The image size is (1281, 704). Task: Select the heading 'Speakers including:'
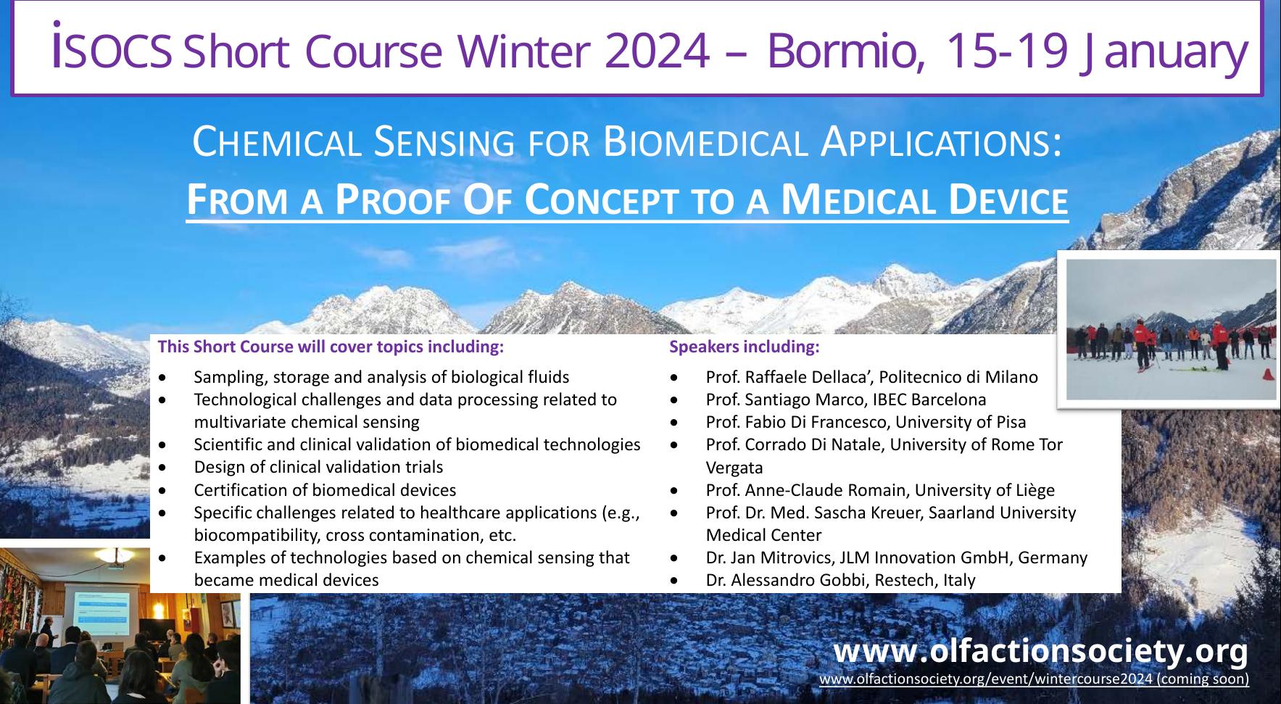coord(745,347)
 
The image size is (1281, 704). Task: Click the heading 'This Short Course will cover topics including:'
coord(331,347)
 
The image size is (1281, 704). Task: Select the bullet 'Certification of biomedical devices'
coord(325,490)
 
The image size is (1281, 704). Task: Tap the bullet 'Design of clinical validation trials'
coord(318,467)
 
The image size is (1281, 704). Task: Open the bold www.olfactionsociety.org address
coord(1041,650)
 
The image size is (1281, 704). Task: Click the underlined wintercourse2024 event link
coord(1034,679)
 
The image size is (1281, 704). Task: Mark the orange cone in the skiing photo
coord(1267,374)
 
